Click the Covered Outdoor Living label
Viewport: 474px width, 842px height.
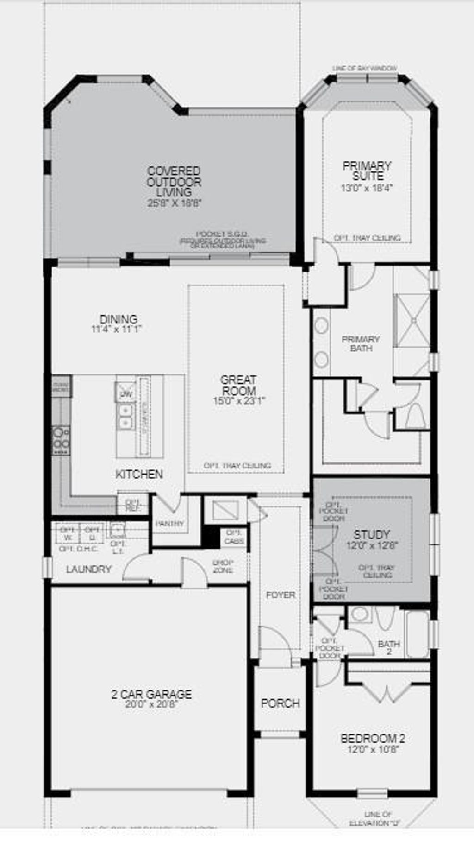coord(174,181)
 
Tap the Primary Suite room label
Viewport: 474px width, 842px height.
coord(367,171)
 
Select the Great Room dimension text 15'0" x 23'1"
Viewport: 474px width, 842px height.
coord(239,401)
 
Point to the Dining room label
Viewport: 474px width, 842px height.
coord(118,319)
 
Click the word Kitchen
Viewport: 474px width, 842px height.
coord(139,474)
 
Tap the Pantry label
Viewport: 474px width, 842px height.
coord(170,524)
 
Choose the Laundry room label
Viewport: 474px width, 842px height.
coord(89,569)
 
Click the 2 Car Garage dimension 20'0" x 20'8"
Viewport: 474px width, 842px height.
coord(151,704)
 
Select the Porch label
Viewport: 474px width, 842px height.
coord(280,703)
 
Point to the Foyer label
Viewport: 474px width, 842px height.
coord(281,595)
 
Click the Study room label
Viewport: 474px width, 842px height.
coord(372,534)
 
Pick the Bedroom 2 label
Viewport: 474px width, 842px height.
coord(373,739)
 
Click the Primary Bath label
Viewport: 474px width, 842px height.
coord(361,343)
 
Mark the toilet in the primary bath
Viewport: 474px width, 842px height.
coord(415,416)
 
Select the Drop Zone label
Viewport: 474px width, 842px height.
coord(223,566)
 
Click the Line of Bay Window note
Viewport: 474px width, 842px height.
coord(364,69)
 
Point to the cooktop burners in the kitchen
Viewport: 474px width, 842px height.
coord(61,438)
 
